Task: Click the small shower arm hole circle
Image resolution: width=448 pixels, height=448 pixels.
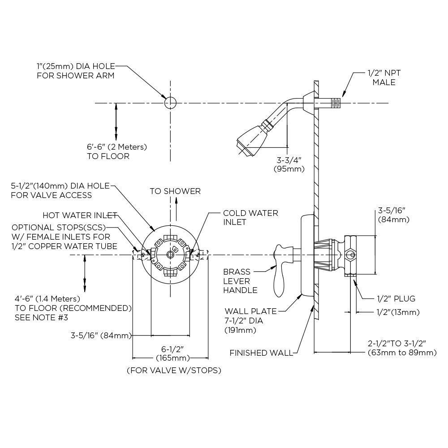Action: coord(170,103)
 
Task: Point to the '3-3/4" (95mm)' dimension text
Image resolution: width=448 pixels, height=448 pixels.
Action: coord(289,164)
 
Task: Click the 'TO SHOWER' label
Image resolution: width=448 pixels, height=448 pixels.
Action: coord(175,191)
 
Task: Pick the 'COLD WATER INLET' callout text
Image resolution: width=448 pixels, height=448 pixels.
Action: coord(250,218)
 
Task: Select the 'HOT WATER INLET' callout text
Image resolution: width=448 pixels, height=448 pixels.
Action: coord(80,215)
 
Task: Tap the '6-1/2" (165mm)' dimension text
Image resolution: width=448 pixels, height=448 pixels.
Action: coord(172,353)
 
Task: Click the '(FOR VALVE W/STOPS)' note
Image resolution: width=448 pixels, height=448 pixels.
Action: coord(174,370)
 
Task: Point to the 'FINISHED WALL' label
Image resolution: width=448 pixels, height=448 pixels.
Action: coord(261,353)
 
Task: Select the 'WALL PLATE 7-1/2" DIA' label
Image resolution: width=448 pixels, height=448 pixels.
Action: coord(250,321)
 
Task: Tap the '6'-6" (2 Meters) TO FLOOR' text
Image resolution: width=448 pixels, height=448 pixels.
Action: coord(116,151)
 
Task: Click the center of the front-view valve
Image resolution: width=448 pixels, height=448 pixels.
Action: coord(170,254)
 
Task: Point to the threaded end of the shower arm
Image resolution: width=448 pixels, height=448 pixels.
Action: coord(335,103)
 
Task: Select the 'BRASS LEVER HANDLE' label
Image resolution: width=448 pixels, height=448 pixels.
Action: coord(241,281)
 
